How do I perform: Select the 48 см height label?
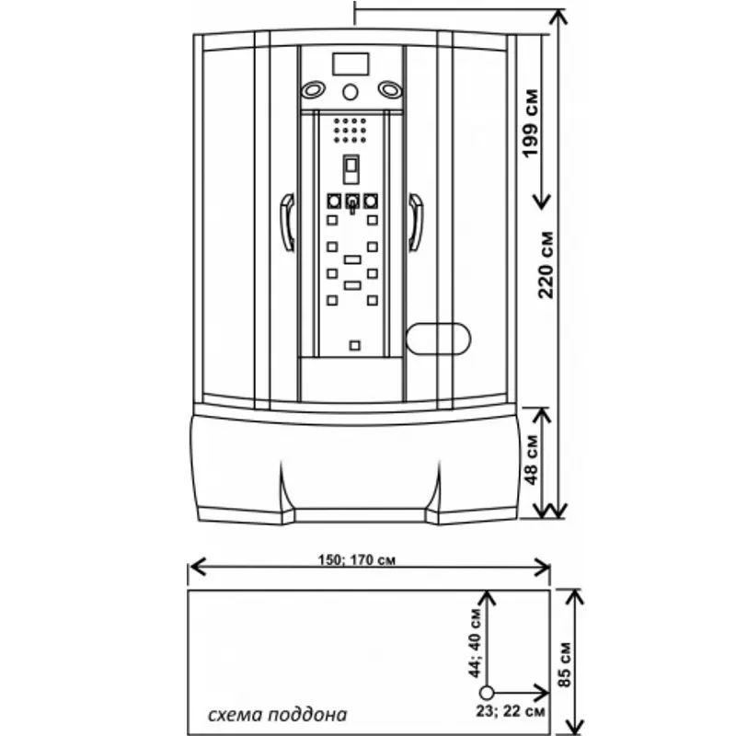click(x=530, y=463)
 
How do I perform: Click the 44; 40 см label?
click(x=476, y=641)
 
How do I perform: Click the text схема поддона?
click(x=276, y=714)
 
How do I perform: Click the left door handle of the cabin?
click(x=287, y=222)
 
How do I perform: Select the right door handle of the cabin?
click(x=416, y=222)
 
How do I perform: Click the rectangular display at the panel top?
click(x=351, y=64)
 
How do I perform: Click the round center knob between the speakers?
click(x=351, y=92)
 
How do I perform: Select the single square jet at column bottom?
click(x=353, y=346)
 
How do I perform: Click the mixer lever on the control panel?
click(x=351, y=204)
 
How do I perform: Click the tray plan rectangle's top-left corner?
click(x=189, y=592)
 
